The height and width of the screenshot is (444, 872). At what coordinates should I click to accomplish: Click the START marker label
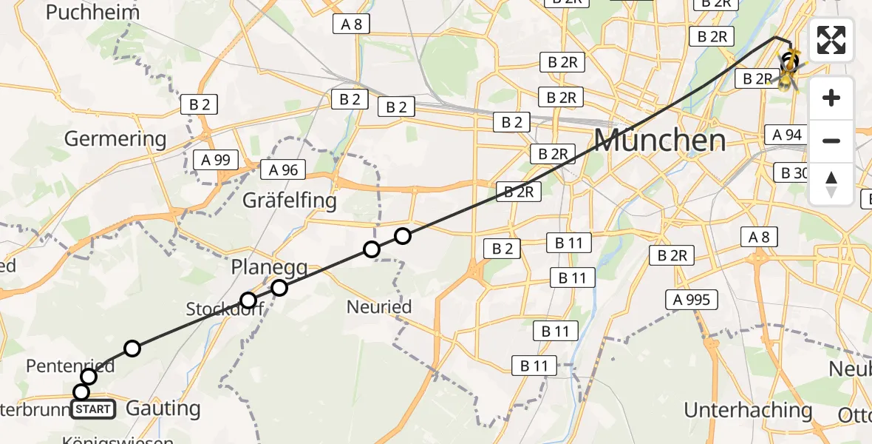click(x=93, y=409)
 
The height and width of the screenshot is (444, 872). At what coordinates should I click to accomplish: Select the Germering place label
click(x=115, y=138)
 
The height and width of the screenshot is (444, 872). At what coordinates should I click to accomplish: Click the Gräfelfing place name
click(x=290, y=200)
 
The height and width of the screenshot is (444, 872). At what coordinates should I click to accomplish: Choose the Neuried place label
click(x=379, y=306)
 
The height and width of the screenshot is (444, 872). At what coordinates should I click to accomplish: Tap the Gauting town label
click(x=163, y=408)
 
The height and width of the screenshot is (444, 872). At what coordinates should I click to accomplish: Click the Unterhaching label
click(x=748, y=410)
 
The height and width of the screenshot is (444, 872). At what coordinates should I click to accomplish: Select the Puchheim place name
click(x=92, y=13)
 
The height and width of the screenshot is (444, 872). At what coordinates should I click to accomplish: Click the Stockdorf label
click(x=215, y=308)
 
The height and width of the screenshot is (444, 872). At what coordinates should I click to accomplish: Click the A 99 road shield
click(x=216, y=159)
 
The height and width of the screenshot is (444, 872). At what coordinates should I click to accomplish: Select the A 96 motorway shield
click(x=283, y=170)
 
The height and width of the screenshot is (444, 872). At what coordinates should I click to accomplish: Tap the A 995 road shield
click(x=691, y=300)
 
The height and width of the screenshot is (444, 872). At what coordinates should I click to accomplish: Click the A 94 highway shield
click(x=787, y=135)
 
